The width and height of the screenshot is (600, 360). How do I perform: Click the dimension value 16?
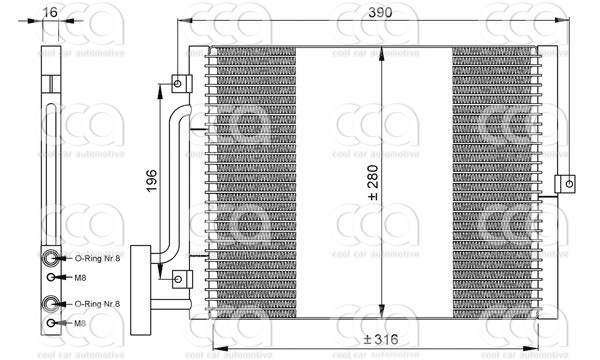pyautogui.click(x=51, y=14)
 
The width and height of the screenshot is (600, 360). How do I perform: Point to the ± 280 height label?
pyautogui.click(x=373, y=182)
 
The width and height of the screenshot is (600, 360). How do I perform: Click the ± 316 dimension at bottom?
pyautogui.click(x=380, y=340)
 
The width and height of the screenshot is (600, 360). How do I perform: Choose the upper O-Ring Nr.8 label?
pyautogui.click(x=98, y=258)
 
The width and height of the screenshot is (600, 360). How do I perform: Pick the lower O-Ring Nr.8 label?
pyautogui.click(x=98, y=303)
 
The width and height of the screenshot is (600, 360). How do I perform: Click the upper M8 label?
pyautogui.click(x=84, y=277)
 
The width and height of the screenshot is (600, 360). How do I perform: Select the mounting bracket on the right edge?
pyautogui.click(x=567, y=182)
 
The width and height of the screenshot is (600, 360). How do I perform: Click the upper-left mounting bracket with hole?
pyautogui.click(x=179, y=82)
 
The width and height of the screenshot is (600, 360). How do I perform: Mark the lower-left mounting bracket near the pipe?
pyautogui.click(x=179, y=278)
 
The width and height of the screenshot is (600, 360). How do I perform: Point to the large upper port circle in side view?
pyautogui.click(x=50, y=257)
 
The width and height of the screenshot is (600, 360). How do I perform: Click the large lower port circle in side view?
pyautogui.click(x=50, y=302)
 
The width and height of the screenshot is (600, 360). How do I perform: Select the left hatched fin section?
pyautogui.click(x=256, y=180)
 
